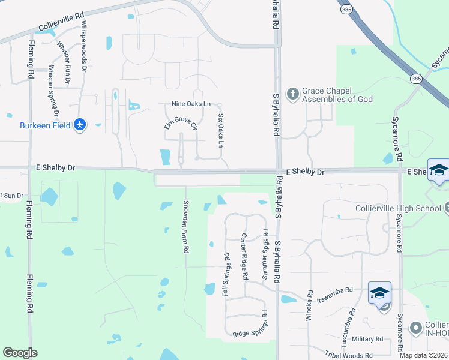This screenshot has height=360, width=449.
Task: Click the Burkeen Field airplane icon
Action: coord(80,125)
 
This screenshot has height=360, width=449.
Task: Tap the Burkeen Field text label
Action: coord(45,125)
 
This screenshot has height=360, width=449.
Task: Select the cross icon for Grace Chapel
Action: coord(292,94)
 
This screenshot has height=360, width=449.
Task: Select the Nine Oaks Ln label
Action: coord(191,104)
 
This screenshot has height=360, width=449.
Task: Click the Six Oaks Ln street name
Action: coord(220,131)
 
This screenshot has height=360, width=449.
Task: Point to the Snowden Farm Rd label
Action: coord(186,226)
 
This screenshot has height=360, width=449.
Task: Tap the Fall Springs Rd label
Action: coord(227,274)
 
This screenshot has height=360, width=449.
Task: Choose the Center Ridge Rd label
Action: coord(244,257)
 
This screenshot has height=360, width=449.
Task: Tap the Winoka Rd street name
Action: coord(310,306)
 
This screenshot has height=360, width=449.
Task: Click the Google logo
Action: coord(20,353)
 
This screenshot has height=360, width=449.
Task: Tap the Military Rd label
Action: coord(367,339)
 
